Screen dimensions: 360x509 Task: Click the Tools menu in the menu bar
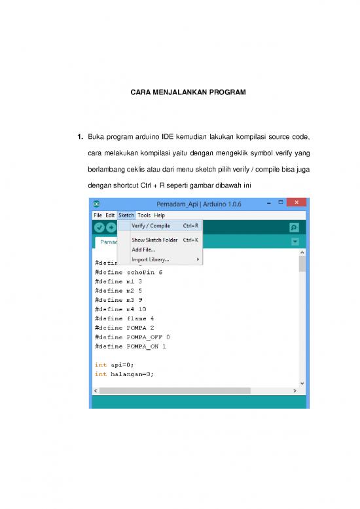tap(144, 215)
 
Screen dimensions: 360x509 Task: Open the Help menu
tap(160, 215)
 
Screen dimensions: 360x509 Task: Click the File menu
tap(98, 215)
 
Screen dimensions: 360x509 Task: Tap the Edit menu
tap(110, 215)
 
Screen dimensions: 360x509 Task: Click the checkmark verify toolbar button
tap(99, 227)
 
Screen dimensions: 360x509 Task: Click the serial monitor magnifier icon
tap(294, 227)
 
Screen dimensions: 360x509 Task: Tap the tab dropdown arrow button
tap(295, 242)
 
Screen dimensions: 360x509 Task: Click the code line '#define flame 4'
tap(124, 318)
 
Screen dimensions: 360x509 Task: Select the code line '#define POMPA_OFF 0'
tap(132, 337)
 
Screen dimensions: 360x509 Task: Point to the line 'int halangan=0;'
tap(124, 374)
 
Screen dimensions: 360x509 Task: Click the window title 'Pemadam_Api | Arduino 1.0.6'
tap(198, 204)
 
